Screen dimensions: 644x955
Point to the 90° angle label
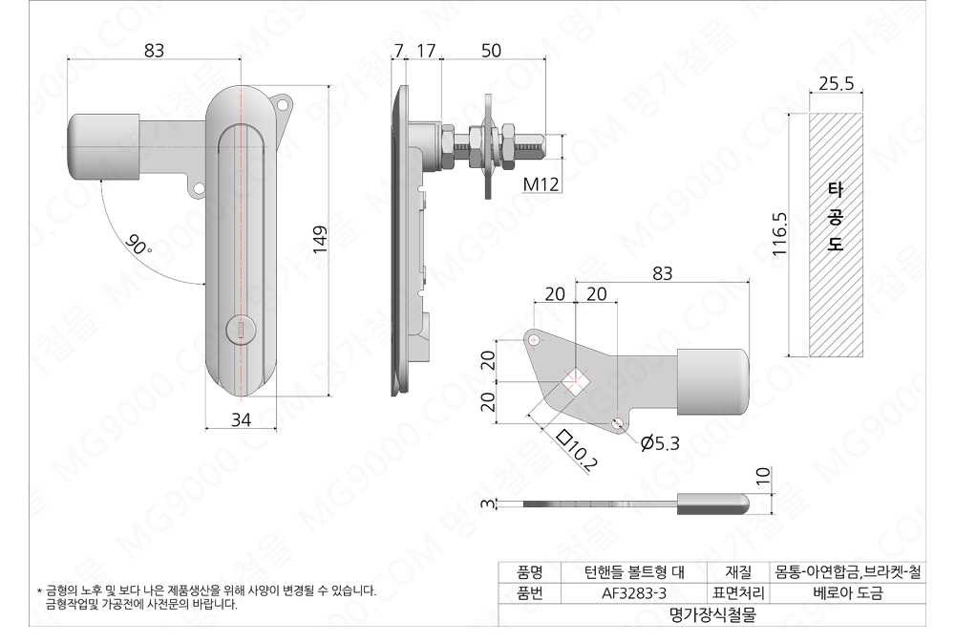pyautogui.click(x=138, y=247)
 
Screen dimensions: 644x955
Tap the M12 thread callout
pyautogui.click(x=541, y=183)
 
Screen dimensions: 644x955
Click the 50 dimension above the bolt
pyautogui.click(x=491, y=52)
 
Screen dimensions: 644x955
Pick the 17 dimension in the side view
pyautogui.click(x=426, y=52)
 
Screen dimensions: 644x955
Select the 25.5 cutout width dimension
pyautogui.click(x=836, y=83)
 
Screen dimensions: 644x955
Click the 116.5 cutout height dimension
pyautogui.click(x=780, y=235)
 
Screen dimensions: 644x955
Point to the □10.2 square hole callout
pyautogui.click(x=577, y=452)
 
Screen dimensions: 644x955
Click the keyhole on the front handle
pyautogui.click(x=241, y=330)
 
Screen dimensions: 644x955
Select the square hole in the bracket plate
pyautogui.click(x=575, y=382)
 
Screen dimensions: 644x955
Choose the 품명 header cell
pyautogui.click(x=529, y=572)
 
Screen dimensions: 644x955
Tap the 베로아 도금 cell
pyautogui.click(x=848, y=593)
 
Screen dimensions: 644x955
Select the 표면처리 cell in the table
pyautogui.click(x=738, y=593)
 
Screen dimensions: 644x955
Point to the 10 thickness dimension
pyautogui.click(x=762, y=477)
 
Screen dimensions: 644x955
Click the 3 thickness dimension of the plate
pyautogui.click(x=487, y=504)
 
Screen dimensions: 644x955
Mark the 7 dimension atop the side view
pyautogui.click(x=398, y=52)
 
